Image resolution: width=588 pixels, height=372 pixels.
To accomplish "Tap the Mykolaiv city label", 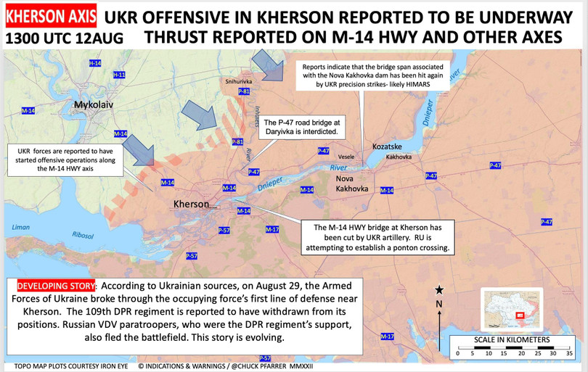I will click(96, 106).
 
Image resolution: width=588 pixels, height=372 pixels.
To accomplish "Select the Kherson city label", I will click(192, 204).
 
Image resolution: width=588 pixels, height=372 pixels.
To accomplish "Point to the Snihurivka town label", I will click(239, 82).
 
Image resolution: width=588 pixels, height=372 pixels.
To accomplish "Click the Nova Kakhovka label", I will click(351, 183).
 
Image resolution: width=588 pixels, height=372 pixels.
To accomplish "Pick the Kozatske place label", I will click(387, 146).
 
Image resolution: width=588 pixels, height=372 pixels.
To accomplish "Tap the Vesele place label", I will click(346, 157).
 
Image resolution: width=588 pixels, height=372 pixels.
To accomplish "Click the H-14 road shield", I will click(95, 64).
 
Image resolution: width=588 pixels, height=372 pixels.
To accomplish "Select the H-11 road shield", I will click(120, 75).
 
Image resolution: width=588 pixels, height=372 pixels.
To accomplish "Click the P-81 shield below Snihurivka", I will click(244, 92).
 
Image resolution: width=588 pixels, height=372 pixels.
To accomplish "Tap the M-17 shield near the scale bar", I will click(388, 336).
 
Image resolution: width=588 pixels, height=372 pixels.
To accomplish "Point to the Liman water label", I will click(22, 228).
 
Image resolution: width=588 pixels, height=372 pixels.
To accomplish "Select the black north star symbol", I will click(438, 290).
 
